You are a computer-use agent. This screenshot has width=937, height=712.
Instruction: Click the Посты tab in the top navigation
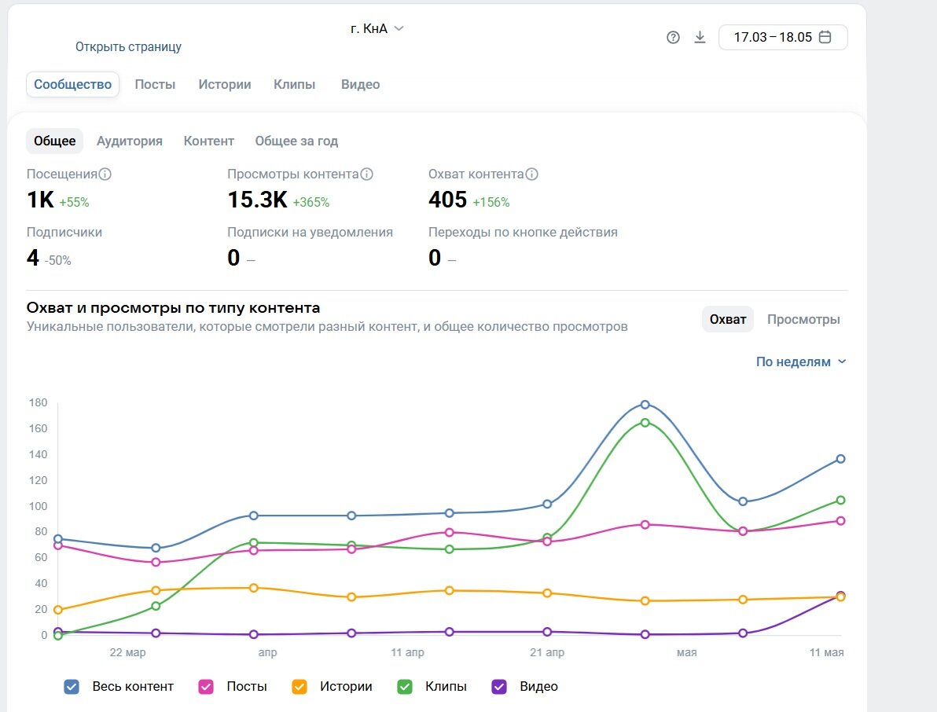point(155,84)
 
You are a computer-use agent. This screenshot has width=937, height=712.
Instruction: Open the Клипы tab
point(294,84)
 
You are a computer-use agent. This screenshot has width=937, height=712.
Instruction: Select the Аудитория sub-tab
point(130,141)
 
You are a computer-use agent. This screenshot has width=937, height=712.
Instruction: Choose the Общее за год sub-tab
point(296,141)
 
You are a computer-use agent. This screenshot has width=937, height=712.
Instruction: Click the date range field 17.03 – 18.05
point(783,37)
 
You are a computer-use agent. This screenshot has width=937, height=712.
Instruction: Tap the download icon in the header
point(700,38)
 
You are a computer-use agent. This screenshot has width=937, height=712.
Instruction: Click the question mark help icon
point(673,38)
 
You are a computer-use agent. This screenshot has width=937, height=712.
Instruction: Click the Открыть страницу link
point(128,46)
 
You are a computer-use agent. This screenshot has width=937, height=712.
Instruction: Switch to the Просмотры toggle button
point(803,320)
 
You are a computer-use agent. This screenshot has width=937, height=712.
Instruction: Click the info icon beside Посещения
point(105,174)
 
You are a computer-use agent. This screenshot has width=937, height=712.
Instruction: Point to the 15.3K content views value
point(258,200)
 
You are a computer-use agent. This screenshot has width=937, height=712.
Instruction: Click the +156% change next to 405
point(491,202)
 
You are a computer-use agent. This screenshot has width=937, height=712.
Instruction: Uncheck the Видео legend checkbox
point(499,687)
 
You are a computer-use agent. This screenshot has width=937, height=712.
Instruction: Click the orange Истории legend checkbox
point(299,687)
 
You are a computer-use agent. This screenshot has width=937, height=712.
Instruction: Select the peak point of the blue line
point(645,405)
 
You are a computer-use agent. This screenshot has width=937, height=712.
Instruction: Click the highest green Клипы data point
point(645,422)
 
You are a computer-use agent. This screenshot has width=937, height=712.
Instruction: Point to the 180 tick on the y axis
point(39,402)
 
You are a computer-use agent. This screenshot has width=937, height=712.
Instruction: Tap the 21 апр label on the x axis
point(547,652)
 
